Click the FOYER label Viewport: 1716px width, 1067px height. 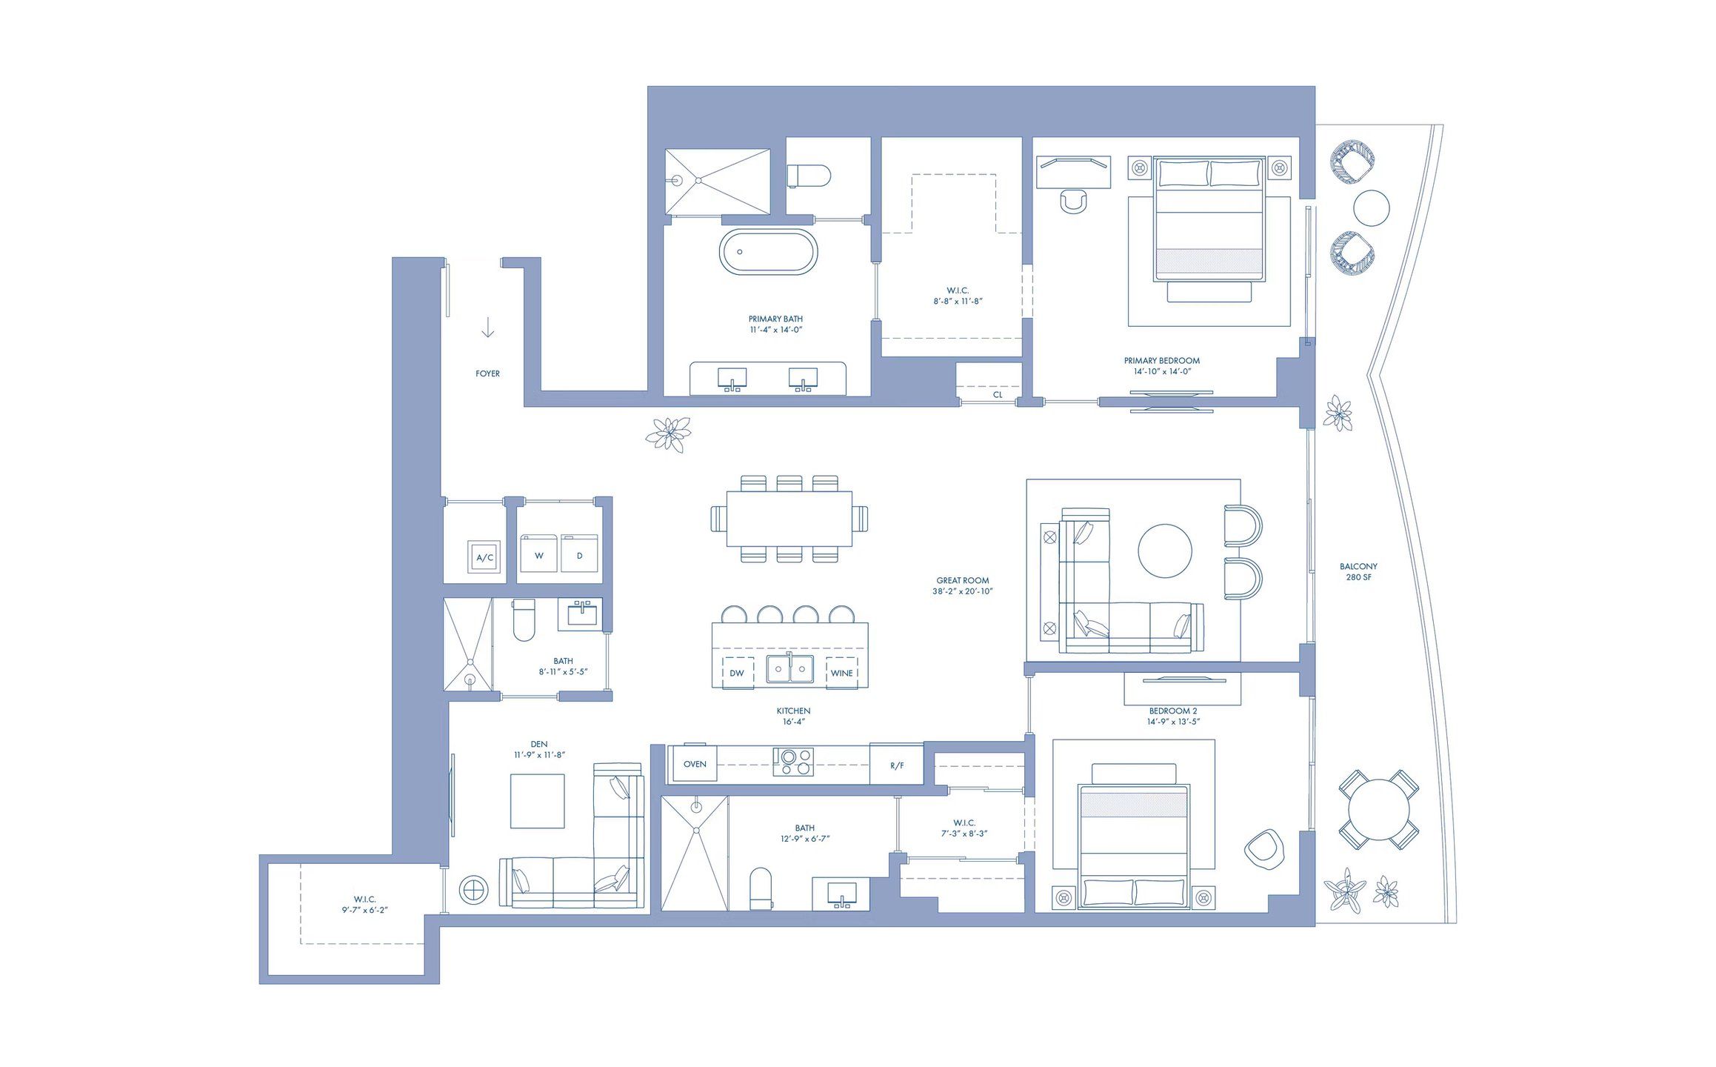coord(487,373)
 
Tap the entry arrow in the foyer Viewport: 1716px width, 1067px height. coord(487,327)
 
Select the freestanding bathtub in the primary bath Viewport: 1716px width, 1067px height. coord(768,252)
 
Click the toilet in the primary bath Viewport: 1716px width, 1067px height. coord(809,176)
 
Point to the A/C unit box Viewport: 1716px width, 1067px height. coord(484,557)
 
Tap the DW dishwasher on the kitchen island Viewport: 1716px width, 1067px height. coord(737,673)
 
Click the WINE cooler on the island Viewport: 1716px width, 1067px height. coord(841,673)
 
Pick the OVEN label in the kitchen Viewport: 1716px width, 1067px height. coord(695,764)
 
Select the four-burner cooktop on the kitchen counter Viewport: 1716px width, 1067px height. coord(792,762)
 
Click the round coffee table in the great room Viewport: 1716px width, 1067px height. coord(1164,551)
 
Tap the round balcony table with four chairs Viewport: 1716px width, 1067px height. coord(1378,809)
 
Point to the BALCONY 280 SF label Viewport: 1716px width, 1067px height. coord(1358,571)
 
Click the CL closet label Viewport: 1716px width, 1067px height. coord(998,395)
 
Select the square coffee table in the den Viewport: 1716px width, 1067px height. coord(537,801)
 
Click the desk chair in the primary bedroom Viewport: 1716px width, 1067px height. coord(1073,201)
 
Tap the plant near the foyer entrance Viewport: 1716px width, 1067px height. coord(668,433)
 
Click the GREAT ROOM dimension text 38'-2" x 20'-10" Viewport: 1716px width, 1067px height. coord(962,591)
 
